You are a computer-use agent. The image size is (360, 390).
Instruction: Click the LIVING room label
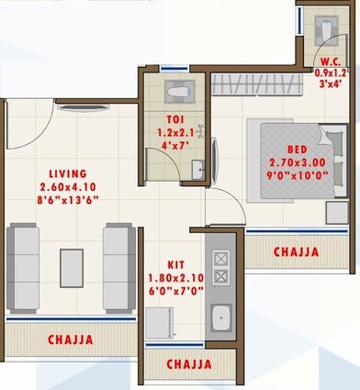(69, 173)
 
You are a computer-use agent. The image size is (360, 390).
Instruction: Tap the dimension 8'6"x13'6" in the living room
(69, 198)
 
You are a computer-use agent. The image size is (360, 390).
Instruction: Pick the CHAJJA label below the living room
(70, 340)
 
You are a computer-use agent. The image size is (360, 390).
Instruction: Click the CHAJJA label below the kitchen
(190, 364)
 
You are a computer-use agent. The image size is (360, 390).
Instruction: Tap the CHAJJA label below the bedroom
(296, 251)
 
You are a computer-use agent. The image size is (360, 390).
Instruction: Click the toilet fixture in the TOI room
(177, 92)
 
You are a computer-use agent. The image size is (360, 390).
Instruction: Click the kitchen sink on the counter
(220, 318)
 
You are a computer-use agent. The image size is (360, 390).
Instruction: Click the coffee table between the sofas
(71, 267)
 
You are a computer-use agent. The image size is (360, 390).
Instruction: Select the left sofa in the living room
(22, 268)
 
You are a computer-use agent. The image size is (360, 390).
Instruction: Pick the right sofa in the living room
(118, 268)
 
